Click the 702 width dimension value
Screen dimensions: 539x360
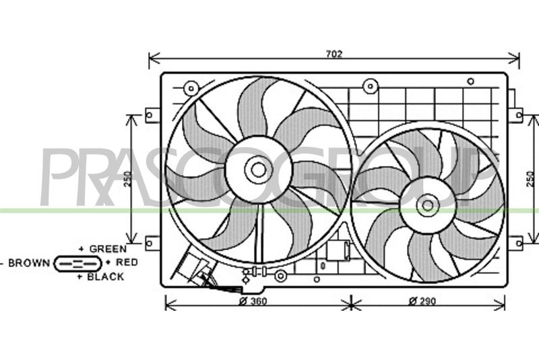(x=334, y=54)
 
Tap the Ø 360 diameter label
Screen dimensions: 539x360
(x=253, y=301)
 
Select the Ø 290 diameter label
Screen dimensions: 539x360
(x=422, y=301)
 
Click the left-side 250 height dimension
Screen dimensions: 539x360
(x=128, y=179)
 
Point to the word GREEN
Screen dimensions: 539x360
(x=108, y=249)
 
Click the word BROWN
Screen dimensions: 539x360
(x=29, y=263)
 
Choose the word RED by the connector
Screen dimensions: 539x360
(x=127, y=262)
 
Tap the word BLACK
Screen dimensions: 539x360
(x=106, y=277)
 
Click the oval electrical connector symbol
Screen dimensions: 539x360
(x=78, y=264)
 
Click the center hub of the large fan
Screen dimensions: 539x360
(x=258, y=169)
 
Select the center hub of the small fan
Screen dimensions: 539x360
(x=428, y=206)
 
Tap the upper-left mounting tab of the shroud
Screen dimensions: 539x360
(x=153, y=115)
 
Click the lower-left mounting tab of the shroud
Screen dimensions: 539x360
(x=153, y=243)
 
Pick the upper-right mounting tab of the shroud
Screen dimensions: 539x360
(x=515, y=115)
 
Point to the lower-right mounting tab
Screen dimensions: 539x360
(x=515, y=243)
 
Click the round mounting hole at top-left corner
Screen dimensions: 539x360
(x=191, y=88)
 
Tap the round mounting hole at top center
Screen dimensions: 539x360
(x=370, y=86)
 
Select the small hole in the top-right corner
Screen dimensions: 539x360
(x=470, y=82)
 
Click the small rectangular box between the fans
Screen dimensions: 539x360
(x=338, y=251)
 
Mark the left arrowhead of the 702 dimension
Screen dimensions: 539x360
(x=154, y=59)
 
